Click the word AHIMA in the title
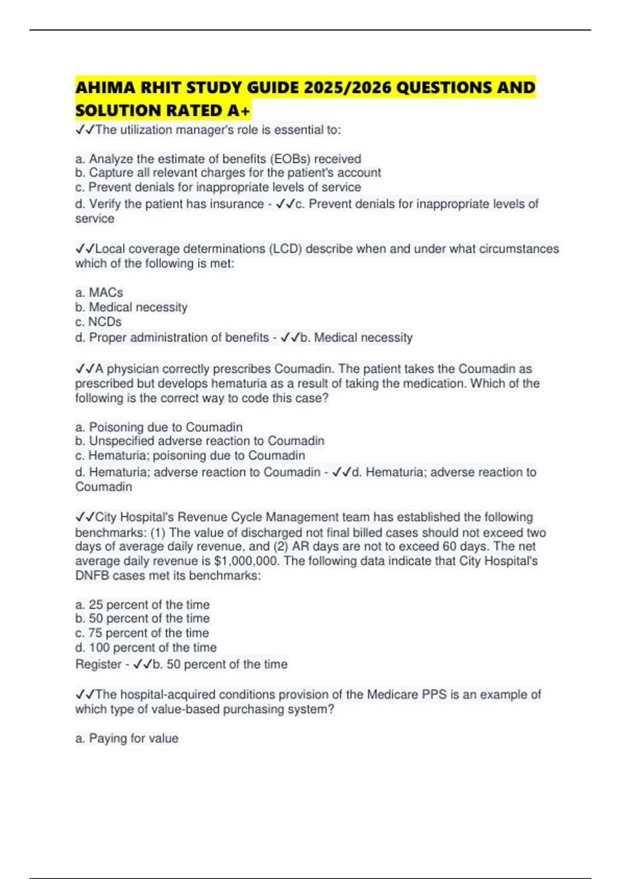point(104,88)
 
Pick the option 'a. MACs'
point(99,293)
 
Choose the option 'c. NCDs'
point(98,322)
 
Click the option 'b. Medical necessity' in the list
point(131,307)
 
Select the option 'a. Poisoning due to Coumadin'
point(158,427)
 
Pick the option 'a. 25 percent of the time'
point(142,604)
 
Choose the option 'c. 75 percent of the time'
point(142,633)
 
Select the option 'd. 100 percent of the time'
point(145,647)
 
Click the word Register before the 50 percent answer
point(98,664)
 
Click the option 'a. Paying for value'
point(126,738)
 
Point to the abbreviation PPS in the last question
point(434,694)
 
